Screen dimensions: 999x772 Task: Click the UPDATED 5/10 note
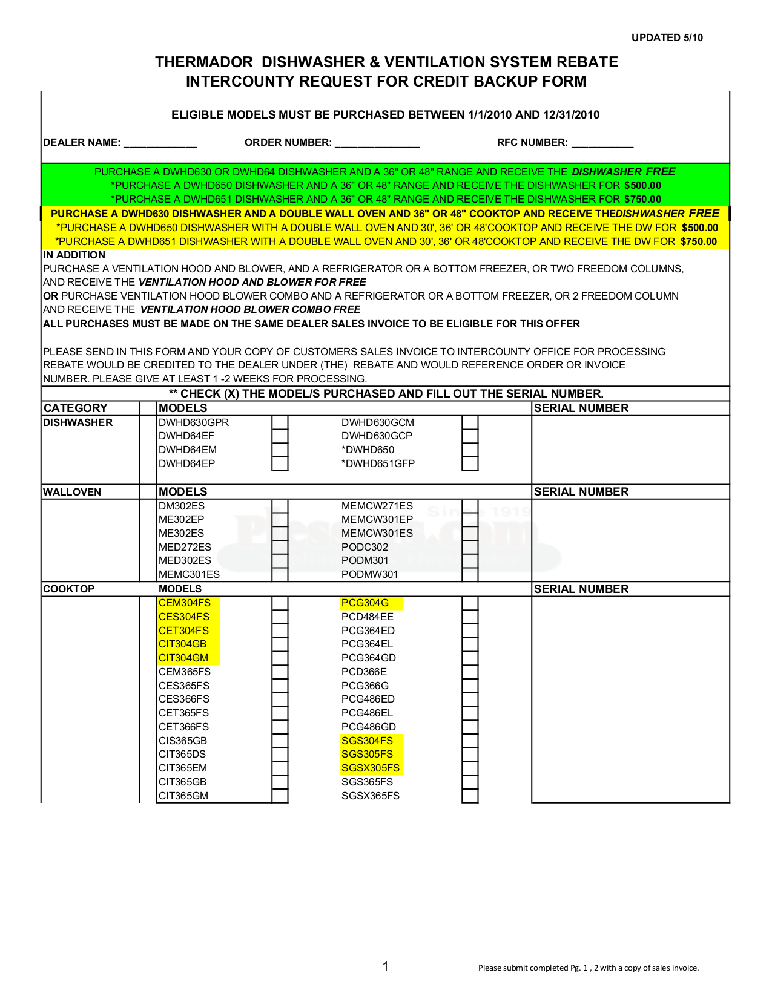(x=667, y=38)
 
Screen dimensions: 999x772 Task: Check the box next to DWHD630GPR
(x=280, y=422)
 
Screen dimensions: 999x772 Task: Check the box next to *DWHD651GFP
(x=470, y=463)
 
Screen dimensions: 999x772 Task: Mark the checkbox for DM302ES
(x=280, y=506)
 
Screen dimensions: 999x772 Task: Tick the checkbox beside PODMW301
(x=470, y=574)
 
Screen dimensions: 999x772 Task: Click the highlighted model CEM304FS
(x=185, y=603)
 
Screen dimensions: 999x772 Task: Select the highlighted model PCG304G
(x=365, y=603)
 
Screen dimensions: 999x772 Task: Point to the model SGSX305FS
(x=370, y=768)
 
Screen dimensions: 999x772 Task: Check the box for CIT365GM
(x=280, y=796)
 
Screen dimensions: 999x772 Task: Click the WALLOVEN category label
(x=72, y=492)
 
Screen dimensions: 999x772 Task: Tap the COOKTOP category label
(x=68, y=589)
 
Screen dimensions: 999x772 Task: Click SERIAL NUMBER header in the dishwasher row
(x=581, y=408)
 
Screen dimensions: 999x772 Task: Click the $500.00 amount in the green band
(x=642, y=185)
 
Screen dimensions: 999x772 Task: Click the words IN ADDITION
(x=74, y=255)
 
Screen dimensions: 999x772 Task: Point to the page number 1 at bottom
(x=386, y=966)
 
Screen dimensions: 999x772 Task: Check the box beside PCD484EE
(x=470, y=617)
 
